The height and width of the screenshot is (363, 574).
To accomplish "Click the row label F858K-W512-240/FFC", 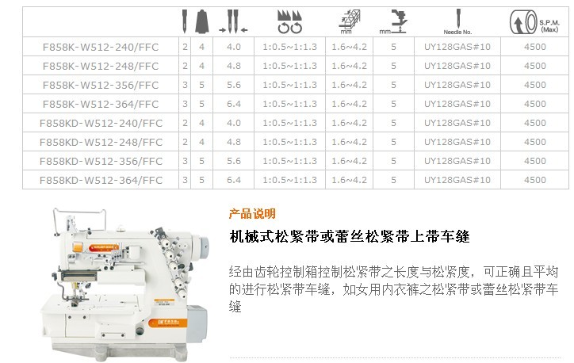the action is tap(101, 47).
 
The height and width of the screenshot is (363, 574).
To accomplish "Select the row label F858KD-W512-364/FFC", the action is tap(101, 180).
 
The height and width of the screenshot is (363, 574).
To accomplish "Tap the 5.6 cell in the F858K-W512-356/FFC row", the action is tap(234, 85).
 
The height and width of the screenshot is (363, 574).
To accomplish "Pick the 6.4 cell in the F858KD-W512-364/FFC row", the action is tap(234, 180).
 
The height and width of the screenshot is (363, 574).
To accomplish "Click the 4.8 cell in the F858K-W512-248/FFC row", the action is tap(234, 66).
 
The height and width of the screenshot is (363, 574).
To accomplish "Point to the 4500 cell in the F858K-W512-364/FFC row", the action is tap(535, 104).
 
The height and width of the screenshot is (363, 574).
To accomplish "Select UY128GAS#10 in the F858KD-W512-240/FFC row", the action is tap(457, 123).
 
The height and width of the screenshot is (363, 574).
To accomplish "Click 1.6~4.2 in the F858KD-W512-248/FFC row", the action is tap(349, 142).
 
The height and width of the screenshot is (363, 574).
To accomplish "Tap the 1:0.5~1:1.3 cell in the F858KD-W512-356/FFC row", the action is tap(289, 161).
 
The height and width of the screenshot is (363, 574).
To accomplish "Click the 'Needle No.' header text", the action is tap(457, 32).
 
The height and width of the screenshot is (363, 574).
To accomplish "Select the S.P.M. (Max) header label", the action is tap(549, 25).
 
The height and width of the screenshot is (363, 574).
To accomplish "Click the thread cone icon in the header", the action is tap(201, 21).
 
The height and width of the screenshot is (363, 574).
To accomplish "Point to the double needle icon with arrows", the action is tap(233, 21).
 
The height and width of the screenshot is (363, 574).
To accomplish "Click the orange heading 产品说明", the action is tap(252, 213).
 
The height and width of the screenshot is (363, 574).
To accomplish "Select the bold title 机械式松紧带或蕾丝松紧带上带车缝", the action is tap(350, 237).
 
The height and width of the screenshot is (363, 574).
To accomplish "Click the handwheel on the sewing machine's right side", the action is tap(201, 244).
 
